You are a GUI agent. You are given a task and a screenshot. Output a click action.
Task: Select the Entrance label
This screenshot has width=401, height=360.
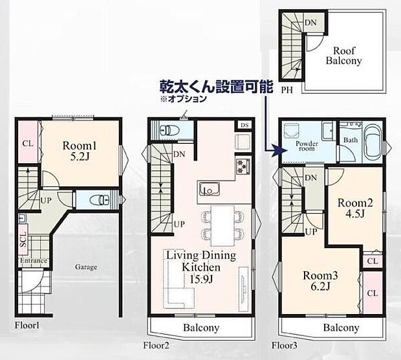33,261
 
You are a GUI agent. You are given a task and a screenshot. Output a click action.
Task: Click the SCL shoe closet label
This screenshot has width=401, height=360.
23,240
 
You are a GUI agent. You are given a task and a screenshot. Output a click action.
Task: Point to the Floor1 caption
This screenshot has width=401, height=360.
28,325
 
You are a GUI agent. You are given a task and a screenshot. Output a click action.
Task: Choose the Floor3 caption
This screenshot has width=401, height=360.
285,344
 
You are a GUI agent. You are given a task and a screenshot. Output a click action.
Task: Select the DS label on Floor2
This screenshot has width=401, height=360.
244,125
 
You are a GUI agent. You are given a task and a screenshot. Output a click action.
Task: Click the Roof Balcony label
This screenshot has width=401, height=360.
347,56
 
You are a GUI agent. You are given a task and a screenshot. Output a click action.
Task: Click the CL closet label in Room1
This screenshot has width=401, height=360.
28,143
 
